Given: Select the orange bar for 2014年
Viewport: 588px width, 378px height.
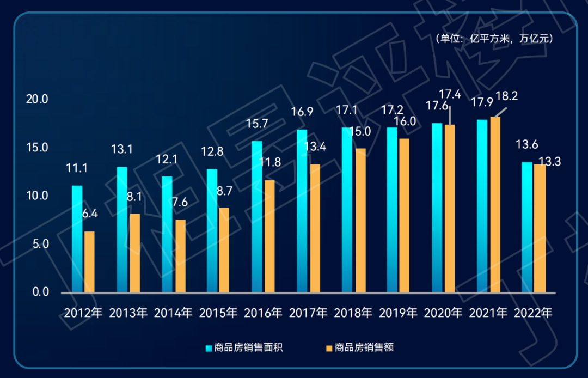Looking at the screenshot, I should pyautogui.click(x=180, y=255).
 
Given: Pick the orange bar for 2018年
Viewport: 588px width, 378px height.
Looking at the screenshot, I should pyautogui.click(x=360, y=220).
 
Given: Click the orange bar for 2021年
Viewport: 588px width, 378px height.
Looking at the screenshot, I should pyautogui.click(x=495, y=204).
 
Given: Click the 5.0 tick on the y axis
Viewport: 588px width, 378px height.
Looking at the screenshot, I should pyautogui.click(x=40, y=244).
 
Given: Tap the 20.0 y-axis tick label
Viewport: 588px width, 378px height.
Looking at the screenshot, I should pyautogui.click(x=38, y=100).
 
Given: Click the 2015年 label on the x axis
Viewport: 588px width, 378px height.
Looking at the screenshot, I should pyautogui.click(x=218, y=313).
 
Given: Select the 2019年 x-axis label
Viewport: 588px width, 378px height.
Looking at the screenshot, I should pyautogui.click(x=398, y=313).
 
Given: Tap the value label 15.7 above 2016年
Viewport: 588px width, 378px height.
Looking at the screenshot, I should pyautogui.click(x=257, y=124).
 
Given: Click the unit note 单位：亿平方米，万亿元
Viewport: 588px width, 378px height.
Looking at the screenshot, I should pyautogui.click(x=494, y=39).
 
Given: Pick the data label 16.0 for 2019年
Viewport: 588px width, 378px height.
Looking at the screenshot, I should pyautogui.click(x=406, y=121).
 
